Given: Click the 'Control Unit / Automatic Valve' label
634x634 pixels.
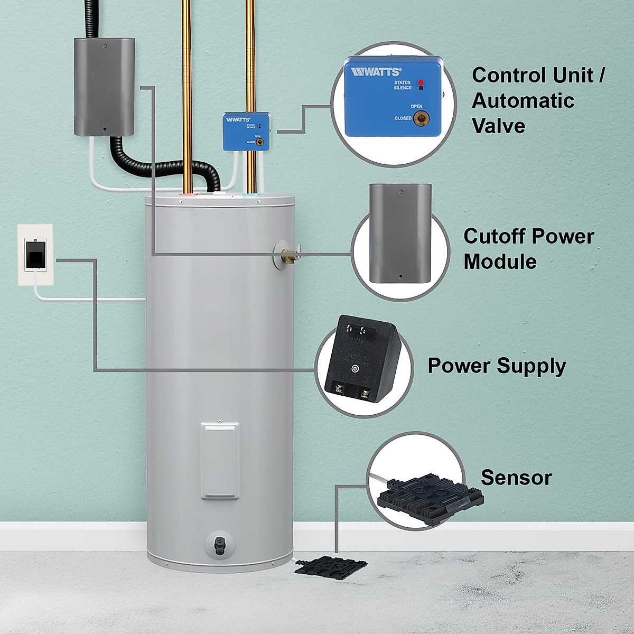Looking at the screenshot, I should (537, 100).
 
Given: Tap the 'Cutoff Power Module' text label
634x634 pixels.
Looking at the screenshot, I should (528, 249).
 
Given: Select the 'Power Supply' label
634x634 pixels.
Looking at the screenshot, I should (496, 366).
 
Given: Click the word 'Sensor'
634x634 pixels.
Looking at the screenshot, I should (516, 478).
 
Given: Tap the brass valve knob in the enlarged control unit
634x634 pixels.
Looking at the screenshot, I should (421, 118).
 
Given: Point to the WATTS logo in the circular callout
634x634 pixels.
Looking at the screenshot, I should (376, 72).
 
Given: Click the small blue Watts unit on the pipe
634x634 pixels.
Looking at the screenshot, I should (246, 132).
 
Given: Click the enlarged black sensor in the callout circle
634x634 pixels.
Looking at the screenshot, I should (431, 497).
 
